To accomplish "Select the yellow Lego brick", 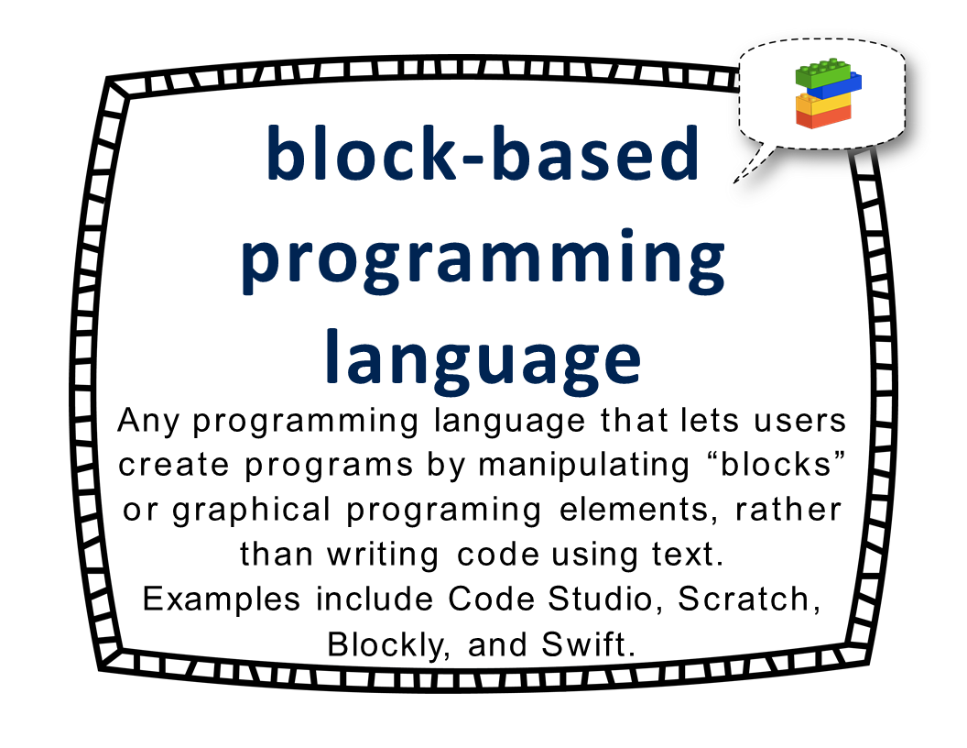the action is (823, 104).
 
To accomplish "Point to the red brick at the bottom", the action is (823, 116).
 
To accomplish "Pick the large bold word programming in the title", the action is (483, 260).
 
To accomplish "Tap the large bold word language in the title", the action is (483, 361).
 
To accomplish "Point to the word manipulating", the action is (583, 466).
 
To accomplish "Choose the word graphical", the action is (251, 511).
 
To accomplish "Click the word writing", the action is (383, 555).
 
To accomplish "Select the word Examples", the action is (222, 599).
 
